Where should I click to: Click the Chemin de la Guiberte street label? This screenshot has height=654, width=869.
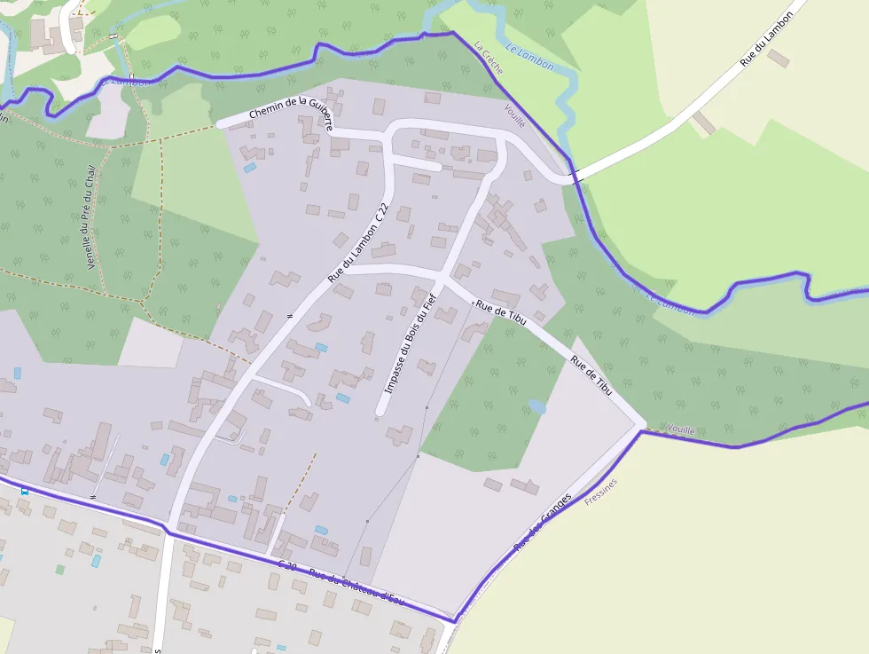click(x=291, y=114)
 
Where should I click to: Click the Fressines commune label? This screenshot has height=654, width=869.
click(x=601, y=492)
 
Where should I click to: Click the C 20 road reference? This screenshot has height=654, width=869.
click(x=287, y=565)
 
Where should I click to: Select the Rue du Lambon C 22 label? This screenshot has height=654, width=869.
click(x=358, y=243)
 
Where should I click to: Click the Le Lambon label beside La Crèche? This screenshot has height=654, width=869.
click(x=529, y=58)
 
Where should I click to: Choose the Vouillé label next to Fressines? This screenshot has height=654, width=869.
click(x=681, y=429)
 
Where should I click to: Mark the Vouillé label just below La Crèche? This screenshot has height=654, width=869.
click(x=514, y=116)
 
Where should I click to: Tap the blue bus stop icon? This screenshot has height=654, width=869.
click(x=24, y=490)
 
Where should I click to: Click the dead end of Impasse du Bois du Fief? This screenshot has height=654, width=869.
click(x=381, y=411)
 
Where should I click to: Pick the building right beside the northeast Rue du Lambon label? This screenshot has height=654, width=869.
click(x=778, y=58)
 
